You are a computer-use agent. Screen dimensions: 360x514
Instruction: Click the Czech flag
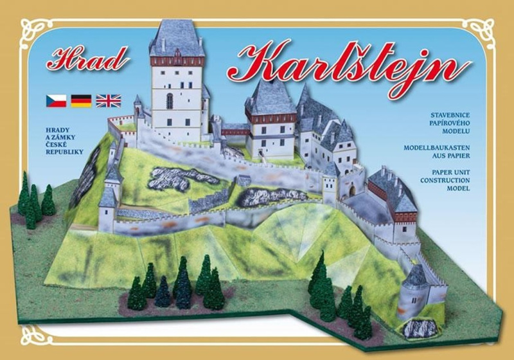coord(56,100)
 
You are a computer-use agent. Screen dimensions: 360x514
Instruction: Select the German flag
coord(81,100)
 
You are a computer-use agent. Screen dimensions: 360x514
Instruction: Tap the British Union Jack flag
coord(108,100)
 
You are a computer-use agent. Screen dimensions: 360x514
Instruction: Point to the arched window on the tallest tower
coord(170,101)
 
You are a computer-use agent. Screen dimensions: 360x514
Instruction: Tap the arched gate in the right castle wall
coord(351,191)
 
